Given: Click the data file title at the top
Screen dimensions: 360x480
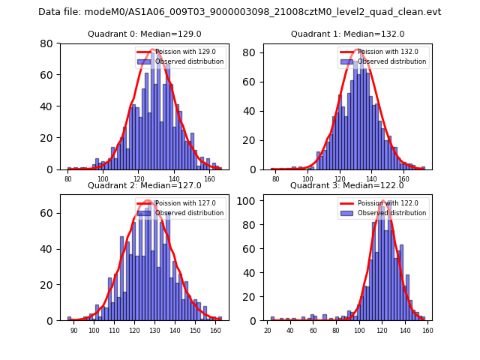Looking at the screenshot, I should (240, 12).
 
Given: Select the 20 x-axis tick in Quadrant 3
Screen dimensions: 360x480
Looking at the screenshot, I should (268, 330).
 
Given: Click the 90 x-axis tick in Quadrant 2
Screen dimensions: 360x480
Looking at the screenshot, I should (73, 330).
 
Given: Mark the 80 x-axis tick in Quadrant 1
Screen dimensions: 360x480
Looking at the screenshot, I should (275, 179).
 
